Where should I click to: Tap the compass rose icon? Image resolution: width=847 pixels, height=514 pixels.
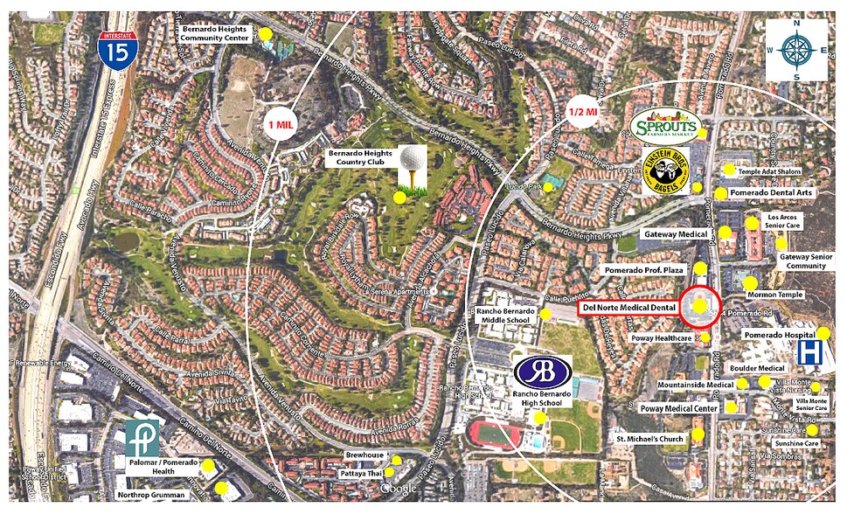pos(796,51)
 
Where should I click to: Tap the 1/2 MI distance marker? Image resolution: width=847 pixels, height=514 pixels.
pos(582,111)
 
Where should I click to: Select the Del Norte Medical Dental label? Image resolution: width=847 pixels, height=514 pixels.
pos(628,308)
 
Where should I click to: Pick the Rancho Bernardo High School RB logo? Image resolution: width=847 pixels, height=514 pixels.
pos(543,371)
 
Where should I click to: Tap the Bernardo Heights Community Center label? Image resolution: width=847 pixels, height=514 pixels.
pos(216,34)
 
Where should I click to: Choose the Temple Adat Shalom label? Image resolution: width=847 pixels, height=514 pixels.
pos(769,172)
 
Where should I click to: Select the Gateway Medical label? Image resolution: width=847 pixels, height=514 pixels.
pos(675,234)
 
